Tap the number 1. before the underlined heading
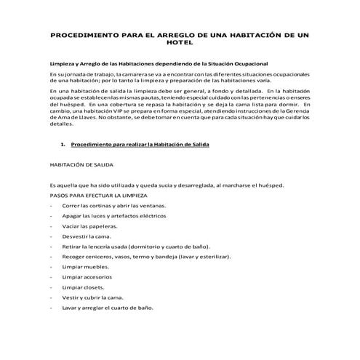(x=63, y=144)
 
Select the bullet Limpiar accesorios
(x=87, y=277)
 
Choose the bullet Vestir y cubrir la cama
(x=93, y=297)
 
